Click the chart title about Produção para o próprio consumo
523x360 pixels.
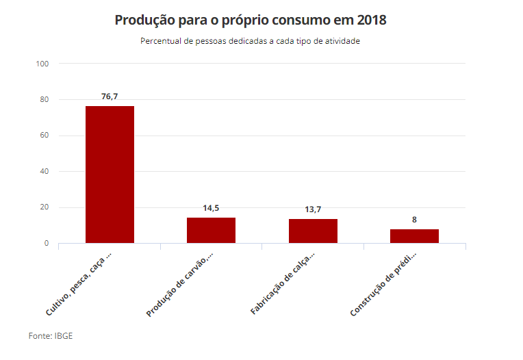[x=251, y=20]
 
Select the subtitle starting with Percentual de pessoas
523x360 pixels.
[x=251, y=41]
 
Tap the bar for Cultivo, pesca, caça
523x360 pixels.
[x=110, y=175]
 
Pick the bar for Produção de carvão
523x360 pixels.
[x=211, y=230]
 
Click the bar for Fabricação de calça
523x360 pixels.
[x=313, y=231]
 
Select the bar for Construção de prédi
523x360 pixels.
[x=414, y=236]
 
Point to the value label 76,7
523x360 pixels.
[x=110, y=97]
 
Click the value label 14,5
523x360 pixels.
[x=211, y=208]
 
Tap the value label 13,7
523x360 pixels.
[x=313, y=209]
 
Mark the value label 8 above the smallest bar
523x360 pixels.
[x=414, y=220]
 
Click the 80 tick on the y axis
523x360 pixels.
[x=44, y=100]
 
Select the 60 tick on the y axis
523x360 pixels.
[x=44, y=136]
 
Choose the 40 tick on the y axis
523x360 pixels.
[x=44, y=172]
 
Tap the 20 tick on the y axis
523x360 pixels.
[x=44, y=207]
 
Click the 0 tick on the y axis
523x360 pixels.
[x=47, y=244]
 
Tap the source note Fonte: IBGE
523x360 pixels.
[x=51, y=336]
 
